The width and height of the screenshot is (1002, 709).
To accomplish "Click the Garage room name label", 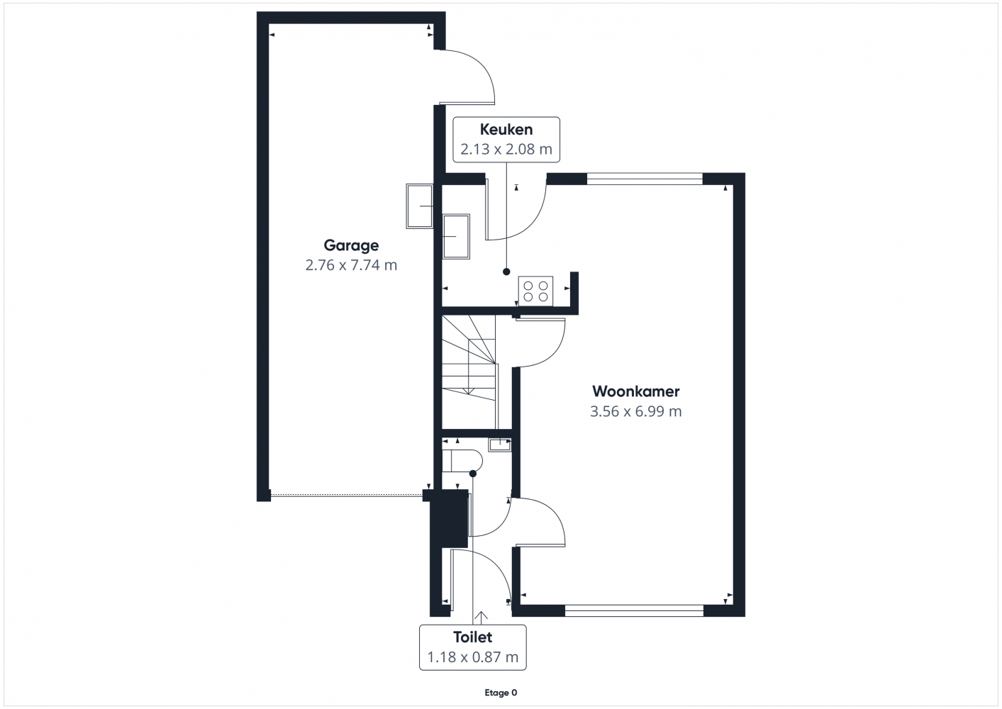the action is click(x=351, y=245).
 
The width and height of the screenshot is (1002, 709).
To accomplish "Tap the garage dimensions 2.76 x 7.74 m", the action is click(x=351, y=265).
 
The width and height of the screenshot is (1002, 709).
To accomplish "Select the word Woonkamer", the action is click(x=635, y=391).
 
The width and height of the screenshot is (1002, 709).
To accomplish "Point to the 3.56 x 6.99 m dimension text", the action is click(x=635, y=411).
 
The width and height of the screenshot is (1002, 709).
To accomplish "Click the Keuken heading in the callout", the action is click(x=506, y=130).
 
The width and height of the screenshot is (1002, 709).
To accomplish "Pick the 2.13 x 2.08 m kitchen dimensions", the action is click(x=506, y=149).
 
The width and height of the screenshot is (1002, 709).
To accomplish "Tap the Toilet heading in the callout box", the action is click(x=473, y=637).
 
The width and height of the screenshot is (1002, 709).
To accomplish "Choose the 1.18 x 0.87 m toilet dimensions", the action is click(x=473, y=657).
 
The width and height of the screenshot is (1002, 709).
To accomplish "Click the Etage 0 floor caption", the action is click(x=501, y=693).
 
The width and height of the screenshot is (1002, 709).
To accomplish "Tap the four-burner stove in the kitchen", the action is click(x=536, y=291).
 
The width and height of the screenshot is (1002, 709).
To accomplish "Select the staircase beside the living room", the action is click(x=469, y=372).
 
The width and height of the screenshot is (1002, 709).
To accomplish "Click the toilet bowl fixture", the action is click(x=462, y=460).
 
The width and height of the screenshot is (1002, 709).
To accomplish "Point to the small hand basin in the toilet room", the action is click(x=500, y=445).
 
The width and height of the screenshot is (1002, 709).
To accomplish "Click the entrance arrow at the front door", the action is click(x=481, y=618).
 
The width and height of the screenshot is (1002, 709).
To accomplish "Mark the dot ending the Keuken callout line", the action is click(x=506, y=272).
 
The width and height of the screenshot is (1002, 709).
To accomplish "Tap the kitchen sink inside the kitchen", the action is click(x=456, y=237).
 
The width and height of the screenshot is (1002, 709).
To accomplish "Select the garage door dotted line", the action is click(x=347, y=495).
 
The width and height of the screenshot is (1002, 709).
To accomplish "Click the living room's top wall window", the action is click(x=645, y=179).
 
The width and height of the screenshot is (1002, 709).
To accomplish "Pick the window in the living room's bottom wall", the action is click(x=634, y=610).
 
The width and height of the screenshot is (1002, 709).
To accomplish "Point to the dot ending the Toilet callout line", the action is click(x=473, y=474).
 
